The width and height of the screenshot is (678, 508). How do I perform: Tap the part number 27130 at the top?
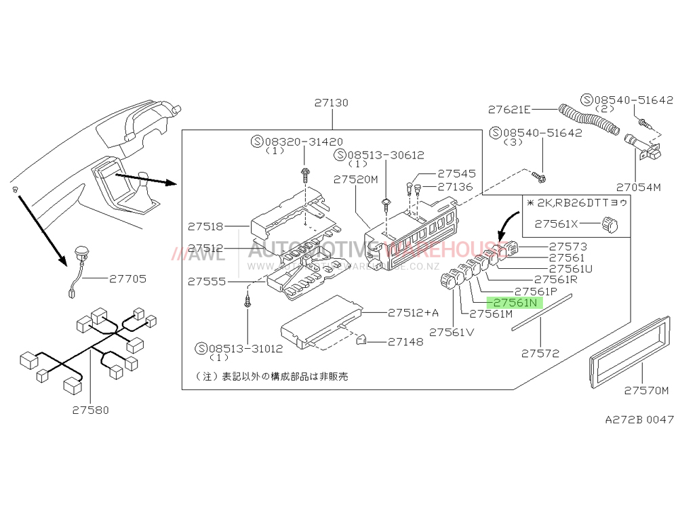point(331,104)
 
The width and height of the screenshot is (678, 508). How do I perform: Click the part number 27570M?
point(646,390)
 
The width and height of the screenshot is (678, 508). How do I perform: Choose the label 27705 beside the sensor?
point(127,278)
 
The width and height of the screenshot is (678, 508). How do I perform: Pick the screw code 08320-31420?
point(303,142)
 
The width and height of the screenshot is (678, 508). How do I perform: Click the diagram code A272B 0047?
point(639,420)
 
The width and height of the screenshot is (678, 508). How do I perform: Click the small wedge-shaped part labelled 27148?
point(361,339)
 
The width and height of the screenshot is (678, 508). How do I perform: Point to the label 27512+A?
point(414,313)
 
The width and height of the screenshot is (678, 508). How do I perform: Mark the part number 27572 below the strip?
point(540,353)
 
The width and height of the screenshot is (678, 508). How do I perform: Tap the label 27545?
point(456,173)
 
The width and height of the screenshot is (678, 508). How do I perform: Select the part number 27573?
point(568,247)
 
